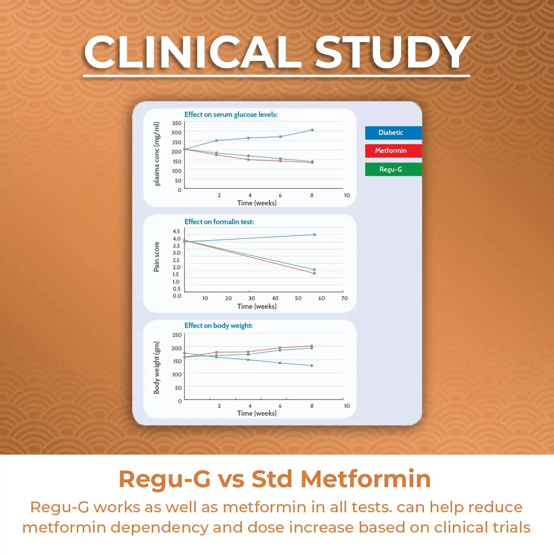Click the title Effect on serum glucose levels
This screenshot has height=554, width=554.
[x=231, y=114]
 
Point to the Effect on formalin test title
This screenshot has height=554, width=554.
[x=219, y=222]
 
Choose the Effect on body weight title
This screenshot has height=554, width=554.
[x=218, y=325]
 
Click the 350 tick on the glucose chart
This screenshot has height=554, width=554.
[x=177, y=123]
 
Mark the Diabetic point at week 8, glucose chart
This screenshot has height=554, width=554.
[x=312, y=130]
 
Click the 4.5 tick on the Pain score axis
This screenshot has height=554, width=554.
[x=176, y=231]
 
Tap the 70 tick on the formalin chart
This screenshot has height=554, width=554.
[x=344, y=298]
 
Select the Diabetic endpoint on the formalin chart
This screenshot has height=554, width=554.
[x=314, y=235]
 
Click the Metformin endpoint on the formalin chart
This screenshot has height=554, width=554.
[x=314, y=273]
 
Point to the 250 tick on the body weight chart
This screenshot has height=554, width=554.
[x=177, y=335]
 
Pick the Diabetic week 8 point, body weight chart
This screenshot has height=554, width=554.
[x=312, y=366]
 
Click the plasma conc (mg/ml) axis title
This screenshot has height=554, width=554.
[x=157, y=154]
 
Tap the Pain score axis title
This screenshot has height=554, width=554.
[x=157, y=257]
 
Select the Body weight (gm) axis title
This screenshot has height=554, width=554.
[x=157, y=367]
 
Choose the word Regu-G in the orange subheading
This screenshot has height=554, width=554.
[x=164, y=479]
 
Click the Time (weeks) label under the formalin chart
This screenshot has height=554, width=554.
[x=257, y=306]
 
